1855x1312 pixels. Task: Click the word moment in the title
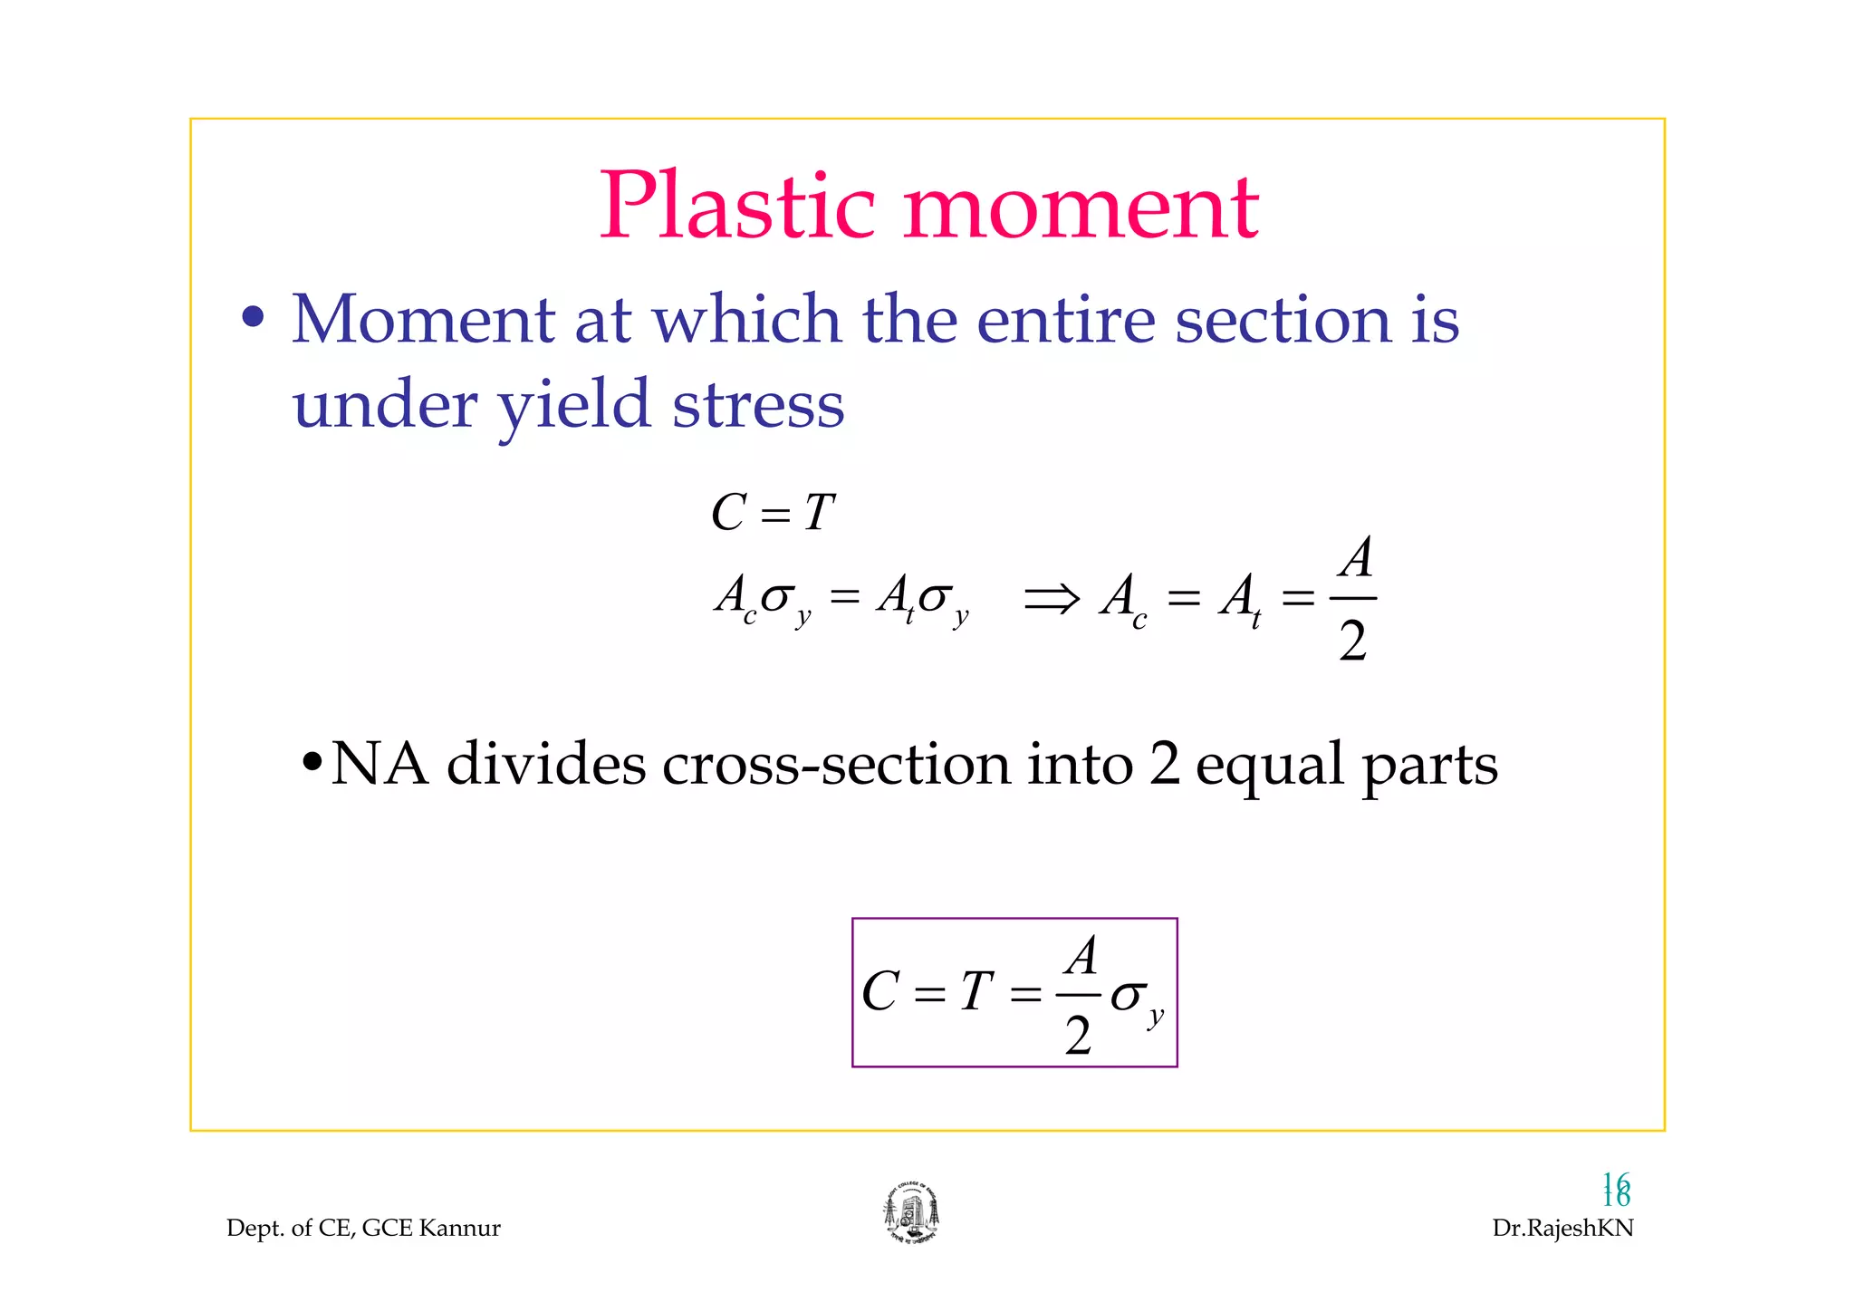point(1081,210)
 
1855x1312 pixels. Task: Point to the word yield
point(574,405)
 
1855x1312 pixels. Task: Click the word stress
point(759,405)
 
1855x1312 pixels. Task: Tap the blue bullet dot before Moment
point(254,318)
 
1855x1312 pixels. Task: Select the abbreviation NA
point(380,764)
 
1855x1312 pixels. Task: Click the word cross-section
point(836,764)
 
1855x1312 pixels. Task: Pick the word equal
point(1269,766)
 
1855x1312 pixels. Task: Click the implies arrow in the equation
point(1052,598)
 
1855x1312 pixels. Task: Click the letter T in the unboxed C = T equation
point(818,513)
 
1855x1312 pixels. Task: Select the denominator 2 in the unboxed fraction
point(1352,642)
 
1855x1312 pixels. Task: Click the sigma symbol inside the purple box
point(1129,995)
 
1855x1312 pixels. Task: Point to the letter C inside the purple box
point(880,991)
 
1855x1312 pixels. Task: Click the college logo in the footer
point(911,1213)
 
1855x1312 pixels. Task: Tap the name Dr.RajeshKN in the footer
point(1562,1229)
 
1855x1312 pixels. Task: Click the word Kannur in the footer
point(460,1229)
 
